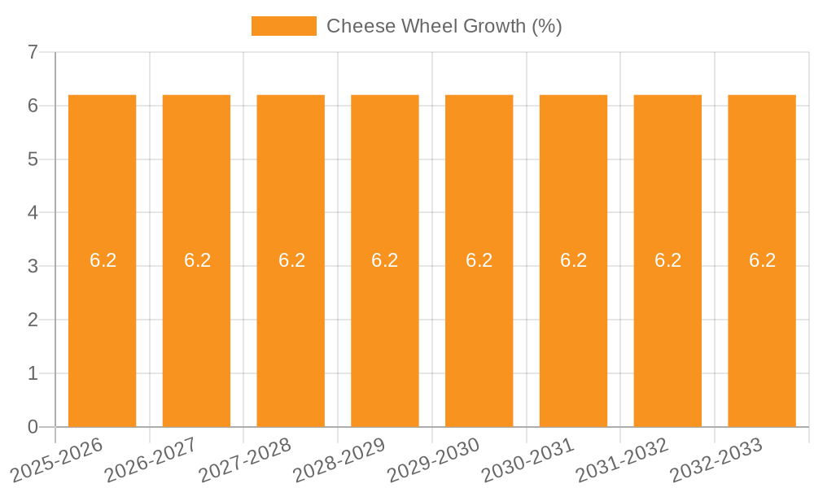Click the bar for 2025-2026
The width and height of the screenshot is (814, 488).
pyautogui.click(x=102, y=325)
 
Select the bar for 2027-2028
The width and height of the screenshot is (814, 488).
pyautogui.click(x=291, y=325)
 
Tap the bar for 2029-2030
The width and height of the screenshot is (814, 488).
pyautogui.click(x=479, y=325)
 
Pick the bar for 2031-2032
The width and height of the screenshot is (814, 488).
pyautogui.click(x=667, y=325)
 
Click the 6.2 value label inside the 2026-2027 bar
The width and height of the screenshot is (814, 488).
pyautogui.click(x=197, y=260)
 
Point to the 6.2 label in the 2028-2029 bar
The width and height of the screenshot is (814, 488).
pyautogui.click(x=385, y=260)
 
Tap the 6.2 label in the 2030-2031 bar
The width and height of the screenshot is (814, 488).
pyautogui.click(x=573, y=260)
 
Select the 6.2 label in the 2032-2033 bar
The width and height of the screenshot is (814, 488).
pyautogui.click(x=762, y=260)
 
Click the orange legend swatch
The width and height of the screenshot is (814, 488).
pyautogui.click(x=283, y=26)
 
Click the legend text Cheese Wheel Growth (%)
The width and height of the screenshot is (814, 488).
pyautogui.click(x=444, y=26)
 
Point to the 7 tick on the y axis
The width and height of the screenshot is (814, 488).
pyautogui.click(x=33, y=52)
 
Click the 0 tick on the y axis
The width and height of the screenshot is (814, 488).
pyautogui.click(x=33, y=427)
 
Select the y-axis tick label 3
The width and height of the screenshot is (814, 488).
pyautogui.click(x=33, y=266)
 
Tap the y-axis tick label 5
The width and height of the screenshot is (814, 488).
pyautogui.click(x=33, y=159)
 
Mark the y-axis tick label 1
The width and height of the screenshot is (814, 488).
pyautogui.click(x=33, y=373)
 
